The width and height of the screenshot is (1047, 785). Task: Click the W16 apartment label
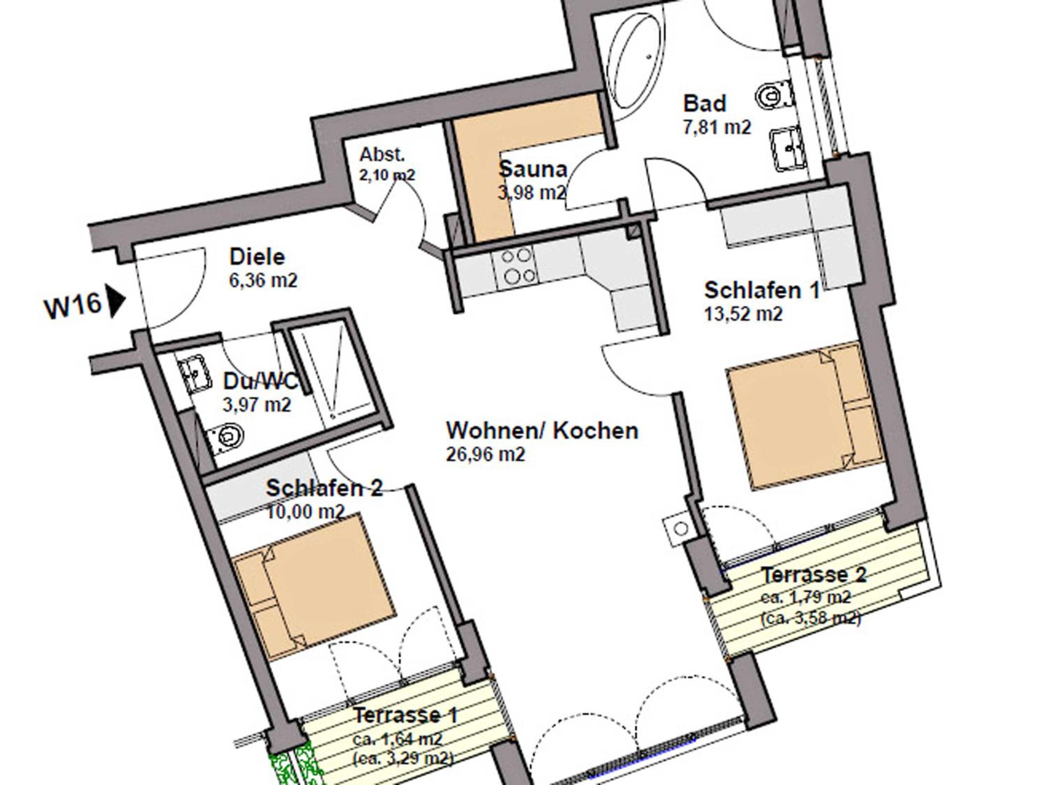pos(73,306)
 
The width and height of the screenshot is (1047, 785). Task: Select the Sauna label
pos(533,169)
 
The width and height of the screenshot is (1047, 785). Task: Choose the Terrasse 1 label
pos(405,715)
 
